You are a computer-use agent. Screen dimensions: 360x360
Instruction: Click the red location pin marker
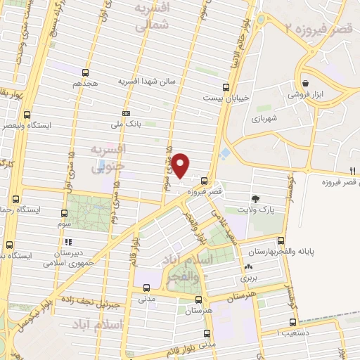(x=181, y=165)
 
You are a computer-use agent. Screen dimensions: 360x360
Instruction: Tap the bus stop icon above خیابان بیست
(x=225, y=88)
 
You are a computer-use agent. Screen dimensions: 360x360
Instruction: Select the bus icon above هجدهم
(x=85, y=72)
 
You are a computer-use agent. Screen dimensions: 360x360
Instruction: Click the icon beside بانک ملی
(x=126, y=112)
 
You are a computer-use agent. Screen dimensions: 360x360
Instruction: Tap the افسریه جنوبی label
(x=109, y=158)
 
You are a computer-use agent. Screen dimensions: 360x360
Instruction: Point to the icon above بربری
(x=247, y=267)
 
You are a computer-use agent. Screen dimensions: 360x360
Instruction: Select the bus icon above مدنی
(x=146, y=287)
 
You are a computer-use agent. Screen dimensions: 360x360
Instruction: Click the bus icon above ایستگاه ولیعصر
(x=27, y=115)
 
